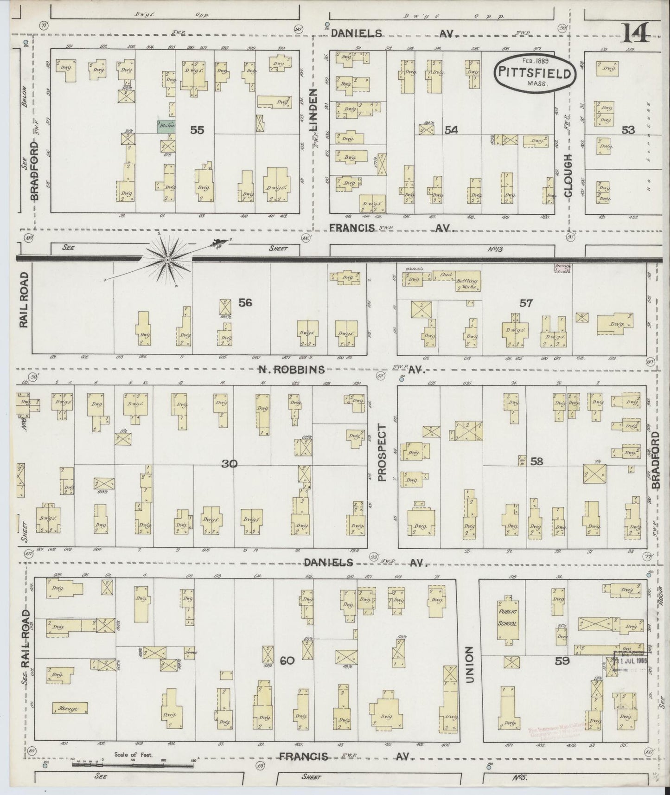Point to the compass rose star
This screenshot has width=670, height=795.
[166, 261]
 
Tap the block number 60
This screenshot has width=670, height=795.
[287, 660]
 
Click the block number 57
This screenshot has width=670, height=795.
[526, 303]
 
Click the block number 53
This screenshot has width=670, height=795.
[628, 130]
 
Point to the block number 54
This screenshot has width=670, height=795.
[451, 130]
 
